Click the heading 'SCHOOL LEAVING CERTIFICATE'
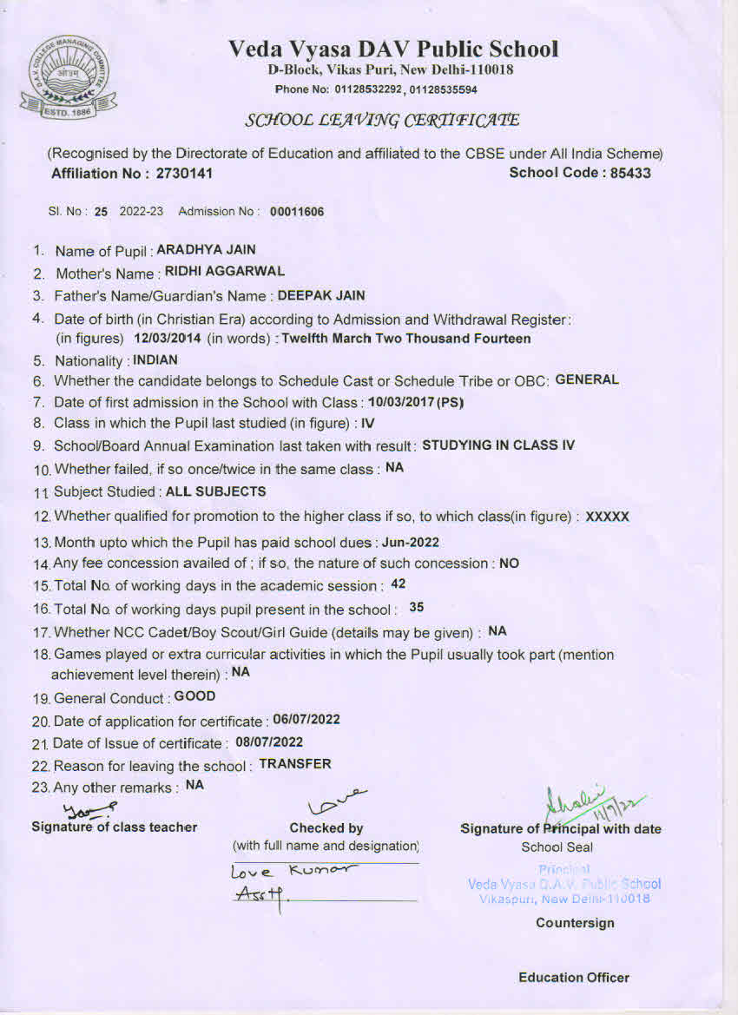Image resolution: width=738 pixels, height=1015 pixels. coord(382,120)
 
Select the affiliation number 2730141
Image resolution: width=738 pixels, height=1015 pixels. coord(185,173)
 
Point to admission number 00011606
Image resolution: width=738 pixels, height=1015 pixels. coord(297,211)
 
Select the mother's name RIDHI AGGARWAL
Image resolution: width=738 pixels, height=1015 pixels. coord(225,272)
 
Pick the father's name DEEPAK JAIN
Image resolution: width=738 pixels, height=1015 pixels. coord(321,295)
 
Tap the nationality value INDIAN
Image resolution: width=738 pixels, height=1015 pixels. coord(155,359)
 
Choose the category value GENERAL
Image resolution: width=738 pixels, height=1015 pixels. coord(587,379)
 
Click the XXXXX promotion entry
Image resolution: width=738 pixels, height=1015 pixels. coord(608,517)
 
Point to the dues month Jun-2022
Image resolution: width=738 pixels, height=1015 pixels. coord(411,543)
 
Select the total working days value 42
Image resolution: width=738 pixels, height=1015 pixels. coord(399,583)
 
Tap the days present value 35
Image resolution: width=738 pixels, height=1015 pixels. coord(416,607)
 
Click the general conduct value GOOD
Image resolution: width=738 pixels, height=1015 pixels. coord(194,696)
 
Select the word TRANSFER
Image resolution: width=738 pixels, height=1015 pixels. coord(295,764)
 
